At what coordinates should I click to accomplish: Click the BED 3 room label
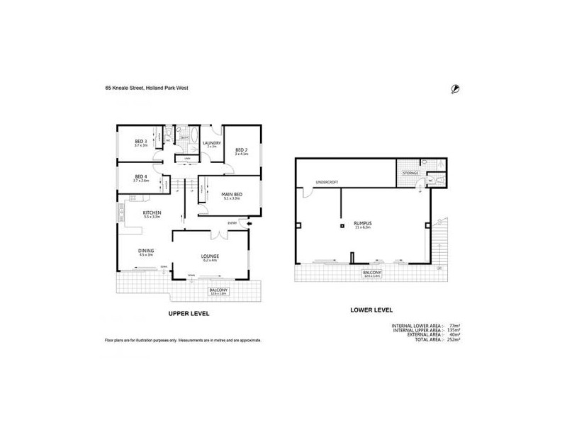tap(140, 142)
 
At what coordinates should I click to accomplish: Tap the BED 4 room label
tap(140, 177)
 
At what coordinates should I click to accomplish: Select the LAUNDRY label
tap(211, 143)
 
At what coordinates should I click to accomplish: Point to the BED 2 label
tap(241, 150)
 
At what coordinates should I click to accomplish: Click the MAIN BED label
tap(231, 195)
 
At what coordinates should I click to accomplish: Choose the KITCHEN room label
tap(152, 212)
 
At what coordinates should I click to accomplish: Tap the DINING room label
tap(146, 250)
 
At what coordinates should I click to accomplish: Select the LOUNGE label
tap(209, 256)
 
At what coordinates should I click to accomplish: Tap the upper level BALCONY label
tap(218, 290)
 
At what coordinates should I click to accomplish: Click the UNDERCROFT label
tap(327, 183)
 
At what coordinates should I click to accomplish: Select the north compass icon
tap(454, 88)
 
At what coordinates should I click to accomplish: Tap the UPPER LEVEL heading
tap(188, 314)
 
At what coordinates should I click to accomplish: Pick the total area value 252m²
tap(454, 340)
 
